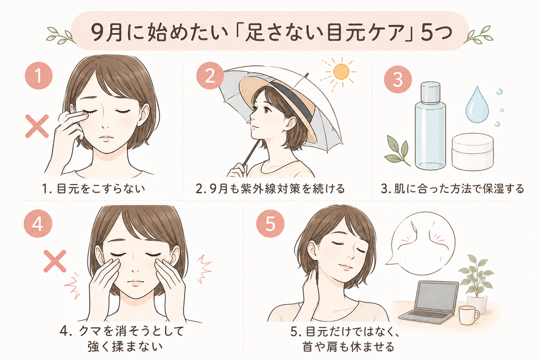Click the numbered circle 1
click(x=38, y=75)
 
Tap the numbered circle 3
click(x=398, y=80)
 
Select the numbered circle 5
click(x=271, y=225)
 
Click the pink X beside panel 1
click(x=37, y=127)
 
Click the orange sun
click(x=341, y=72)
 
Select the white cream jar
click(x=472, y=152)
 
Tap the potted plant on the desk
click(x=477, y=284)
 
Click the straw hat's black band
click(x=293, y=99)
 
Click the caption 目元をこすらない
click(x=101, y=189)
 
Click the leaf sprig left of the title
click(x=61, y=34)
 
